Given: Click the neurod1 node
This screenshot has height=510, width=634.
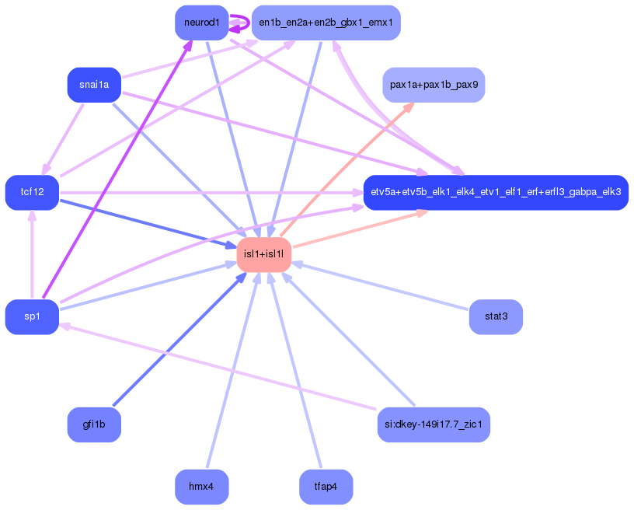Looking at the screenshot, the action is [201, 22].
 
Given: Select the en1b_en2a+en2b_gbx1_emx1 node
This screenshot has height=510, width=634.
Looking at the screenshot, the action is [315, 23].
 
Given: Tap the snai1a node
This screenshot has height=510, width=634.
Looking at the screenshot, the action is [94, 85].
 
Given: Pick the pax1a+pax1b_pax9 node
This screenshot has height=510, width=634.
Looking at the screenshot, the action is [434, 84].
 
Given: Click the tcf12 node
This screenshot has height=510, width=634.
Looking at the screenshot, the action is [32, 193].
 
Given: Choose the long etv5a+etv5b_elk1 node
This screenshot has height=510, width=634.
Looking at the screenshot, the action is [496, 192].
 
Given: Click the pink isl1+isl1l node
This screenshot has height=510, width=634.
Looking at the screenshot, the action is [264, 254].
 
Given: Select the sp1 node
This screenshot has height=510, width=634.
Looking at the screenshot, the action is [32, 316].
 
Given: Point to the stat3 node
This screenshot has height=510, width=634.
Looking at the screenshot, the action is [496, 316].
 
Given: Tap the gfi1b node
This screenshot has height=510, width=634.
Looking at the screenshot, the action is [94, 424].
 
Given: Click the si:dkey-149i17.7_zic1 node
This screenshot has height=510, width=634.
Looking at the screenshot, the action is [434, 424].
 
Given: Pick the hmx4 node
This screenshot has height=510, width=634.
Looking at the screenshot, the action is [201, 487].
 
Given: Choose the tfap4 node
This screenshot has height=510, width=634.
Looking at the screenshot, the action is [326, 487].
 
